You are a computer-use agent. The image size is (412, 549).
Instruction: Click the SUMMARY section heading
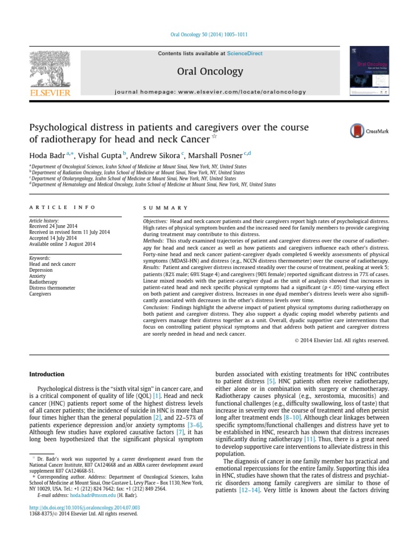tap(166, 207)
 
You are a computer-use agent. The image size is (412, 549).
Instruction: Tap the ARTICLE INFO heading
tap(63, 207)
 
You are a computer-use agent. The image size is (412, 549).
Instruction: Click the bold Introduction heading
tap(47, 374)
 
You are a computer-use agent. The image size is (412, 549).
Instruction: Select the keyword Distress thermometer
tap(53, 288)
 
